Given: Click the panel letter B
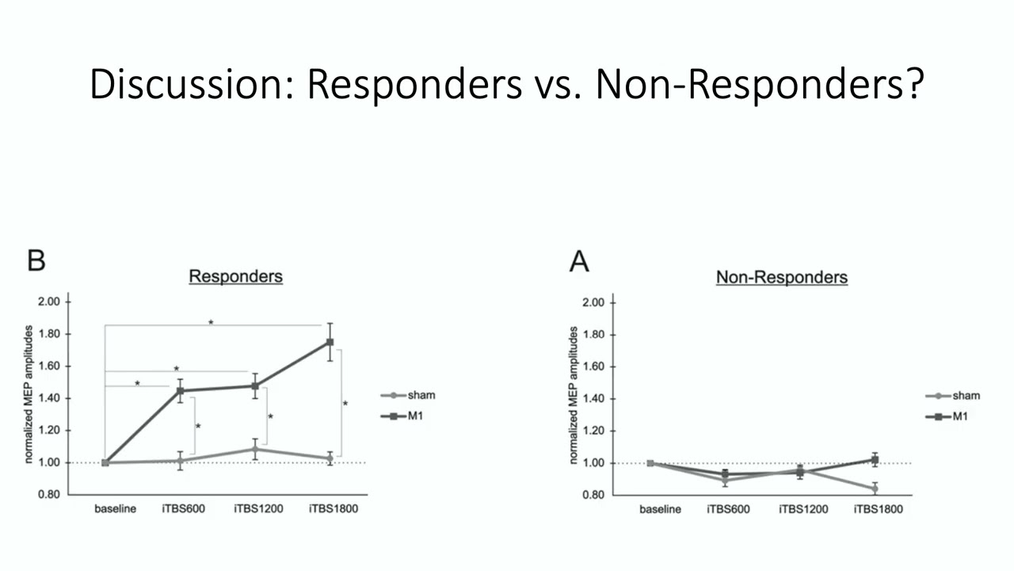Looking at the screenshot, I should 36,260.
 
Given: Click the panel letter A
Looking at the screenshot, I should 579,261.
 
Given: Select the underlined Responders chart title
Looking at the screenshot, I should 235,277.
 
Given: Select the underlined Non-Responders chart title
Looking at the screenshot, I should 781,278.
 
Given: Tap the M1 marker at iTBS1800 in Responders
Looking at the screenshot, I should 330,342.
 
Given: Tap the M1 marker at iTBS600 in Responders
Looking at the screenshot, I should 181,391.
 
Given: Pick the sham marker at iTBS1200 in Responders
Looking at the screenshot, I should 255,450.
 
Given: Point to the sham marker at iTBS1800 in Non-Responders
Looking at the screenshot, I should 875,489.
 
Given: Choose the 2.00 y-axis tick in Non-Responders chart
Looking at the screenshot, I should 593,303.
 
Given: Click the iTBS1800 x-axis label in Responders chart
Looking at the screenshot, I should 334,508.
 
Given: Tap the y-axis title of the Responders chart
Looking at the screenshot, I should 28,397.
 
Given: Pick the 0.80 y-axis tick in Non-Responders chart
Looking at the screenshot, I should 593,495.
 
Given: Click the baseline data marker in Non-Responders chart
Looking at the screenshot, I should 650,463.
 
